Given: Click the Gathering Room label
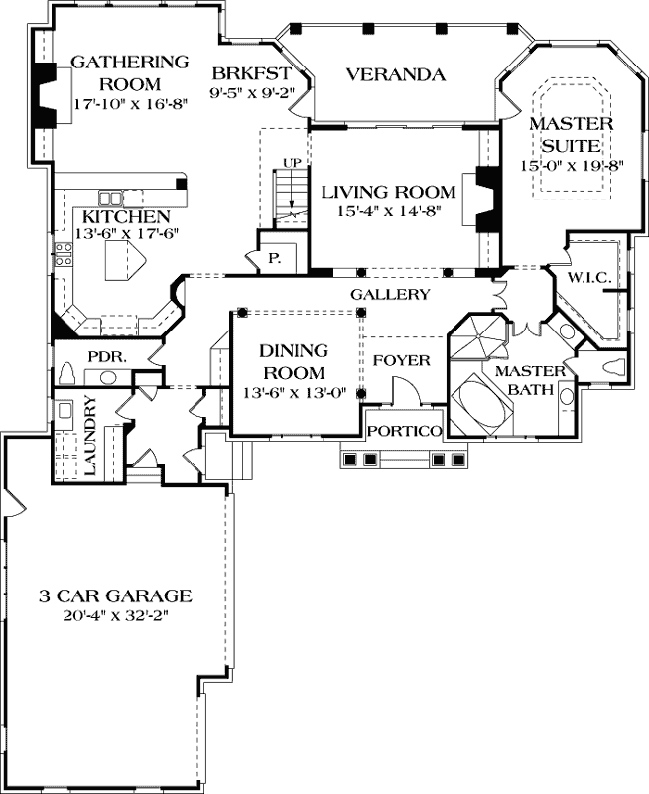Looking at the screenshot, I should click(x=129, y=71).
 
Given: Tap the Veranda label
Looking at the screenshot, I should click(x=394, y=74).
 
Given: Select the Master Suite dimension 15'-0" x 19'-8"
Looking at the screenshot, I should click(x=571, y=166).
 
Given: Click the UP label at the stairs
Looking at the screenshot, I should click(x=292, y=162).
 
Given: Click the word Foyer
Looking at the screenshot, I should click(x=407, y=360).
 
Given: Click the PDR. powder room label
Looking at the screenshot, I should click(x=106, y=354).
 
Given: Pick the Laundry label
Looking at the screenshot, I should click(x=89, y=436).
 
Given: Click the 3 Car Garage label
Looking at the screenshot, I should click(x=114, y=596).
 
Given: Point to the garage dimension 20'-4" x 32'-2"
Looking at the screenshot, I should click(x=114, y=615).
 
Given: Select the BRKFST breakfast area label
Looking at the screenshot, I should click(x=251, y=72).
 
